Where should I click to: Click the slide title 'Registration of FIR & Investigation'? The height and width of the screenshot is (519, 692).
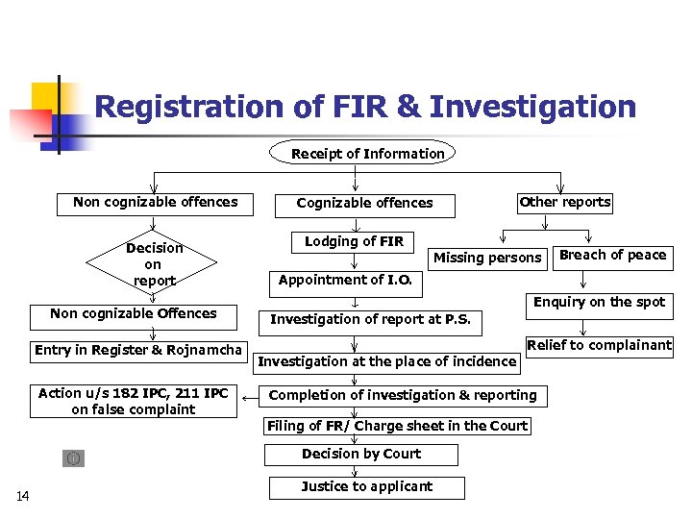(x=365, y=106)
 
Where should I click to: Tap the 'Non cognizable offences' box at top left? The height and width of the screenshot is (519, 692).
(x=155, y=202)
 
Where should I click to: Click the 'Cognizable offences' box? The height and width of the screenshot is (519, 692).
(x=364, y=203)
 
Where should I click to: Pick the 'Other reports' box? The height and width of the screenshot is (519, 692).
(x=564, y=202)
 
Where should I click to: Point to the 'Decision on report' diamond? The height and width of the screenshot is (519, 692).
(x=154, y=263)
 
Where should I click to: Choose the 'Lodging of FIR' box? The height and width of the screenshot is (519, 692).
(x=354, y=241)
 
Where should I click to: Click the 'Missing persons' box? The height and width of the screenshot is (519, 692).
(x=487, y=258)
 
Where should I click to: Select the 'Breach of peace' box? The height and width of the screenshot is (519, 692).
(x=612, y=255)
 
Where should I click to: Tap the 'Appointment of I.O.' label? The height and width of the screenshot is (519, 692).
(x=345, y=280)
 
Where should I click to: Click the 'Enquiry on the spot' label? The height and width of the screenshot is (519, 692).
(x=599, y=302)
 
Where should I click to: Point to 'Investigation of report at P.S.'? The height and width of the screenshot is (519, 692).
(x=370, y=320)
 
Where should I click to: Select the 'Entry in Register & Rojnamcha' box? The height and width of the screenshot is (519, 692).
(x=138, y=350)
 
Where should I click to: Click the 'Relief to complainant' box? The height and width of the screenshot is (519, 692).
(x=599, y=345)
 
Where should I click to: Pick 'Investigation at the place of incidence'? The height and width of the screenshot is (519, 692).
(x=386, y=361)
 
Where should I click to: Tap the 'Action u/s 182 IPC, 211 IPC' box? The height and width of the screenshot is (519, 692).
(x=133, y=402)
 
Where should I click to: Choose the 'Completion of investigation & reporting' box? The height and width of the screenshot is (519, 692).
(x=403, y=395)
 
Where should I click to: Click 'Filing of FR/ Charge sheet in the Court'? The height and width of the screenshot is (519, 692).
(x=397, y=426)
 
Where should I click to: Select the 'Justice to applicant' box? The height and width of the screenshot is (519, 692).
(x=366, y=486)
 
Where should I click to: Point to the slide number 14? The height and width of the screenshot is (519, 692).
(x=23, y=496)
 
